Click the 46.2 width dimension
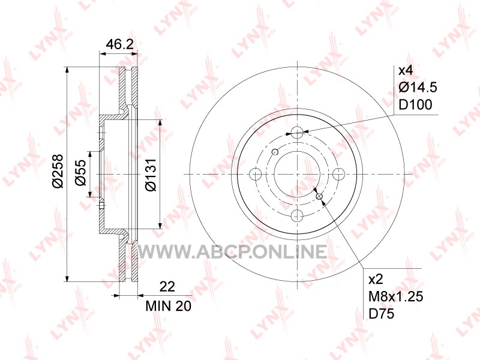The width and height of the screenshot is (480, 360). tap(119, 44)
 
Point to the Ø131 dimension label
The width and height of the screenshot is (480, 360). tap(151, 175)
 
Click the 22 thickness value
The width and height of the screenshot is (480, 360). tap(167, 287)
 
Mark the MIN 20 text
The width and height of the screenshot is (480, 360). tap(169, 306)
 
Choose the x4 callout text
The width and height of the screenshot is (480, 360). tap(406, 71)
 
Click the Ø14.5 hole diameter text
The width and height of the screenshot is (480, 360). tap(418, 88)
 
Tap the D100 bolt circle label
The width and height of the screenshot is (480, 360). tap(415, 104)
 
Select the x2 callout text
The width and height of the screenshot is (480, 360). tap(376, 279)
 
